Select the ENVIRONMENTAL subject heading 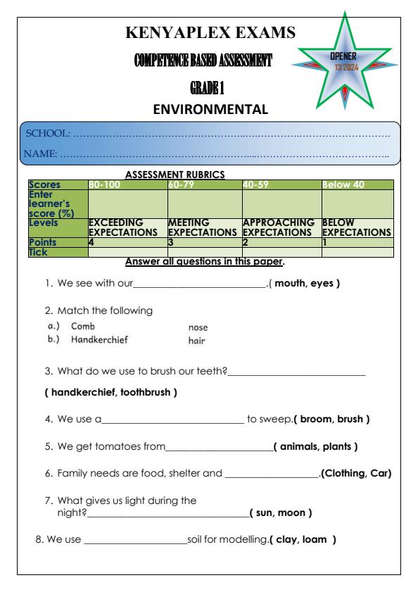pyautogui.click(x=210, y=109)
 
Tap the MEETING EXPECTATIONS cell pyautogui.click(x=204, y=226)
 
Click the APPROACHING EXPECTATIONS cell pyautogui.click(x=281, y=226)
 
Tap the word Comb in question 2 pyautogui.click(x=83, y=327)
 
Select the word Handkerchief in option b pyautogui.click(x=100, y=339)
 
